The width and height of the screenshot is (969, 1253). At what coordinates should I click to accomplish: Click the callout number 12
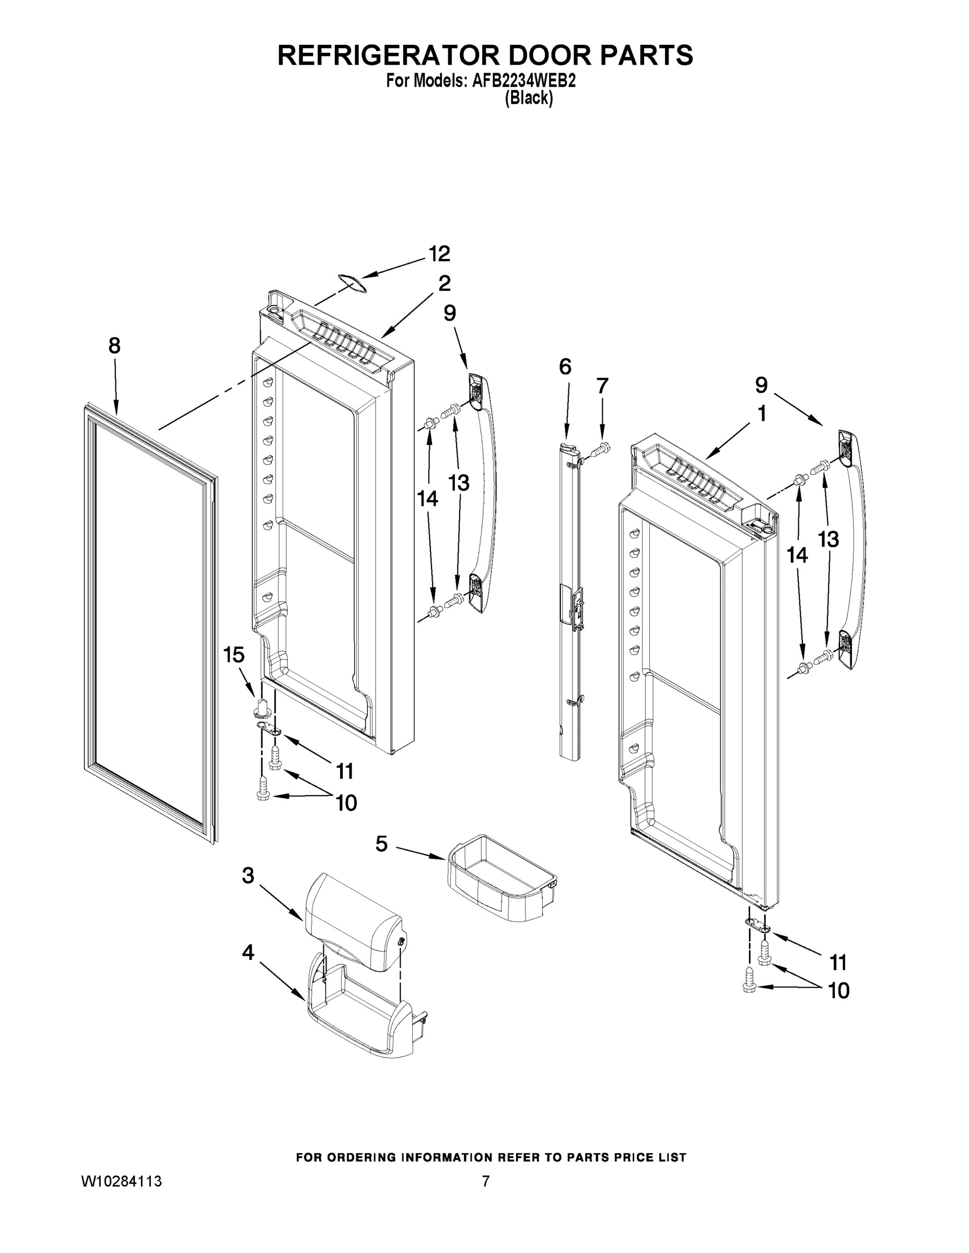440,253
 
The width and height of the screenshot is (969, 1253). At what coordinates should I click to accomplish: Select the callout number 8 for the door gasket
115,346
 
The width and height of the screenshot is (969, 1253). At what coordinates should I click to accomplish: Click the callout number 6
565,367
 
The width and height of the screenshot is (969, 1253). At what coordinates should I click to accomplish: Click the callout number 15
234,655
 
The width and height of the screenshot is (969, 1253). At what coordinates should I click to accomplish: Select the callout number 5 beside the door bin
382,843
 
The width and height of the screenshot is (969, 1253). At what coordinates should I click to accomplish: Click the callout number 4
248,952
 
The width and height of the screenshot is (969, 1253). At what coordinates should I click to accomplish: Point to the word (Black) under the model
529,99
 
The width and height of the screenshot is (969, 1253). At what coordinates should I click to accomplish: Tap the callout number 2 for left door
445,283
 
